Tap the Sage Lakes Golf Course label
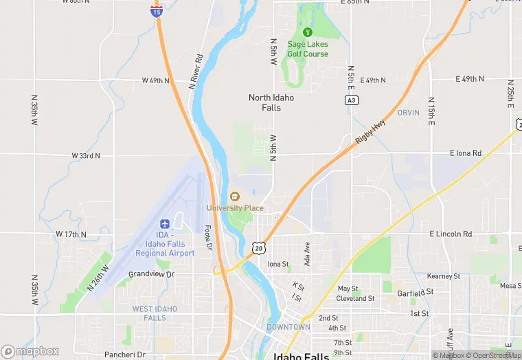[308, 49]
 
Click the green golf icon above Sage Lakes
[308, 32]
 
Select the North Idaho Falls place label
[271, 102]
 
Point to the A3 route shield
[351, 100]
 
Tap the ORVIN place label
[408, 113]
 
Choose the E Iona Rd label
[466, 153]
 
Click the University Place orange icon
[235, 197]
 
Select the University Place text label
[236, 208]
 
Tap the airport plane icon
[165, 224]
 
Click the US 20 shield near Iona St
[258, 247]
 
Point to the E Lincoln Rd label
[451, 234]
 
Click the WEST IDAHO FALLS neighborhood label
[155, 313]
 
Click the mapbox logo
[30, 351]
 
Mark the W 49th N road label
[156, 80]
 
